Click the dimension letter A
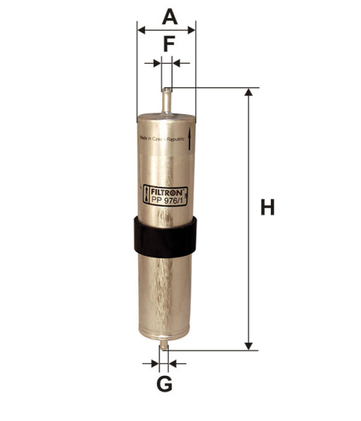170,15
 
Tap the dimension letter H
267,207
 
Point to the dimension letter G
165,385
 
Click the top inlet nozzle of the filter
166,100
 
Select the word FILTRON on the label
167,192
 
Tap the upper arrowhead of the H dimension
249,93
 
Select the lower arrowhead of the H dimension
249,345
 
